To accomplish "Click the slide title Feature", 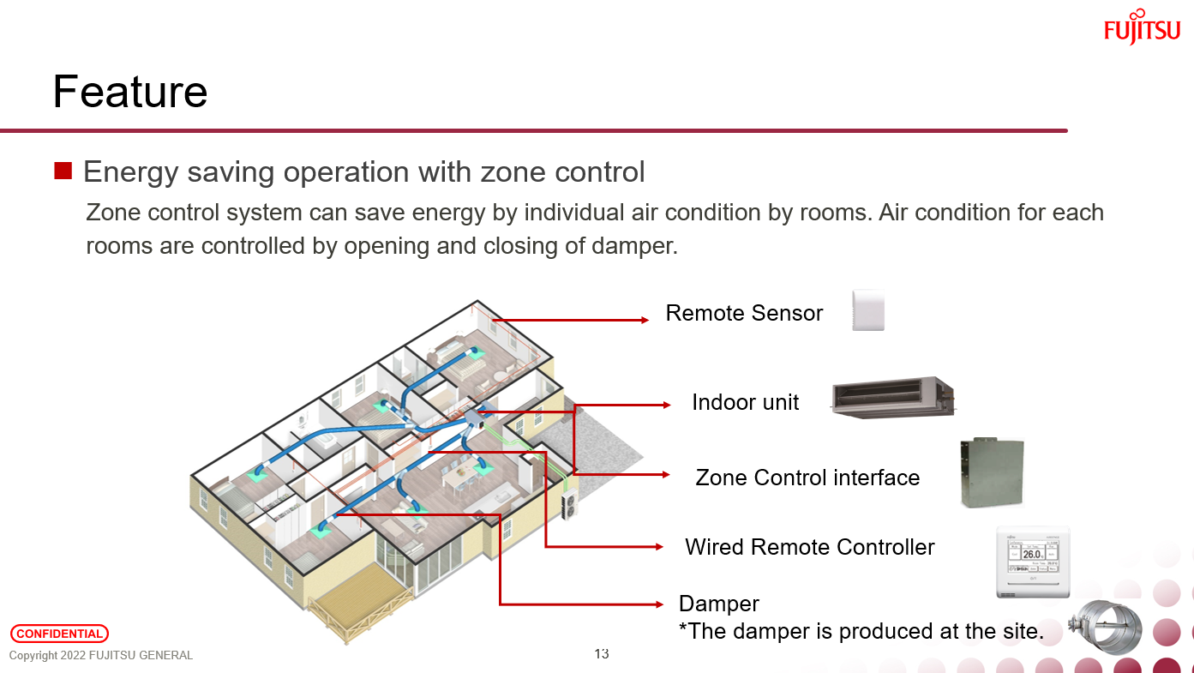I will pyautogui.click(x=130, y=92).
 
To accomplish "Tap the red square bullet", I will pyautogui.click(x=63, y=171).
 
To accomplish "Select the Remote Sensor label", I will pyautogui.click(x=744, y=314).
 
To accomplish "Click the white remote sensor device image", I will pyautogui.click(x=867, y=310).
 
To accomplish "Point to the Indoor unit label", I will pyautogui.click(x=745, y=402).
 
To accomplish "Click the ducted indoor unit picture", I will pyautogui.click(x=892, y=398).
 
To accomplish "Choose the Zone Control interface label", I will pyautogui.click(x=807, y=478).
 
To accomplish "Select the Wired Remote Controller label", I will pyautogui.click(x=810, y=547).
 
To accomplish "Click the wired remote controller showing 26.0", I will pyautogui.click(x=1035, y=562).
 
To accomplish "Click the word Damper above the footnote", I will pyautogui.click(x=719, y=604).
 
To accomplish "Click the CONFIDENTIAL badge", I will pyautogui.click(x=59, y=634).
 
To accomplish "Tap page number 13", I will pyautogui.click(x=602, y=654).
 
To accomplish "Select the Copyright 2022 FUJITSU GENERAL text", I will pyautogui.click(x=101, y=656).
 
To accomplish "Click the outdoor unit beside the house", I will pyautogui.click(x=568, y=505).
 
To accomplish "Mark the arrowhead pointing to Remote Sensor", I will pyautogui.click(x=645, y=321).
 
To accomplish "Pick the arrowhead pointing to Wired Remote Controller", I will pyautogui.click(x=658, y=547).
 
